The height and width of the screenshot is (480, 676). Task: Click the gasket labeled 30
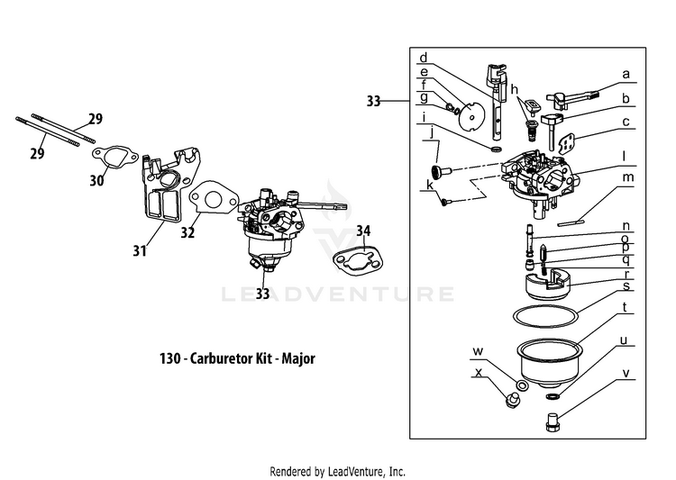[116, 156]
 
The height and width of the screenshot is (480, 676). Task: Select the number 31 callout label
[140, 251]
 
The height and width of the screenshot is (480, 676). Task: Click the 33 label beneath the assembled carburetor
[262, 293]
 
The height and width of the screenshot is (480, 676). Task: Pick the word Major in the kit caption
[298, 358]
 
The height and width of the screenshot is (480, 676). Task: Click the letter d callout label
[424, 55]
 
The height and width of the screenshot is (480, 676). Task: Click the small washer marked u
[552, 394]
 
